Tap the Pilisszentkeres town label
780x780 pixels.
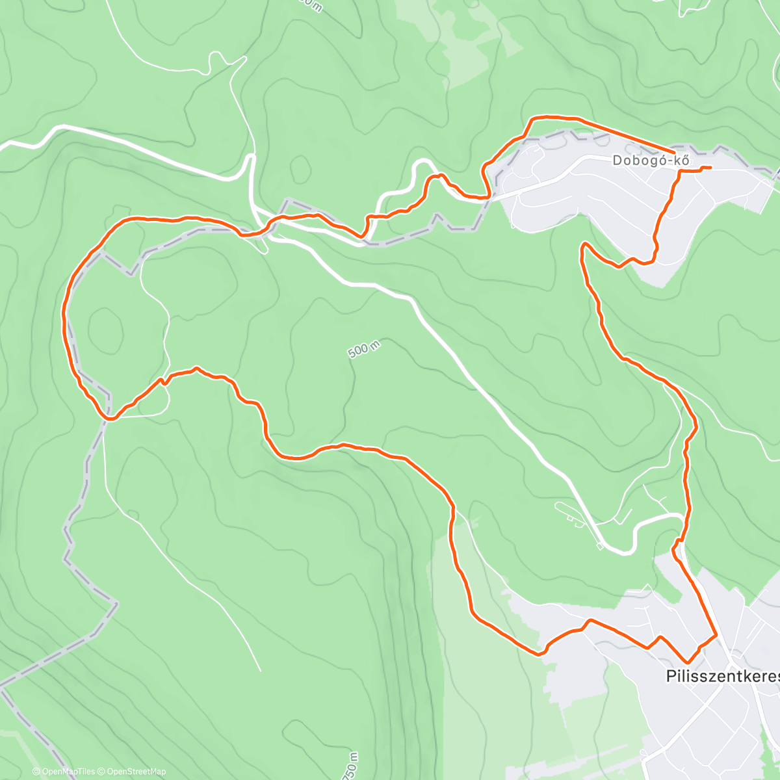click(722, 676)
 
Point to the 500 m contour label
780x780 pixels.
click(363, 349)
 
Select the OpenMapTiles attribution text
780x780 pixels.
click(63, 772)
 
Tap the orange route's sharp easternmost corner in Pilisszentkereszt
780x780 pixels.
click(716, 634)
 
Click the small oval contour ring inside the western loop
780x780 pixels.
click(105, 328)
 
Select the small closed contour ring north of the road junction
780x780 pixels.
click(301, 170)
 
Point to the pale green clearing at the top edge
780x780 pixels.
click(455, 39)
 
